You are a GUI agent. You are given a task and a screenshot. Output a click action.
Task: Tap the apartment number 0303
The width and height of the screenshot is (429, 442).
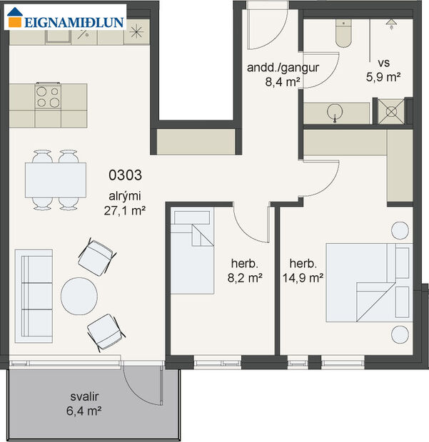tap(126, 174)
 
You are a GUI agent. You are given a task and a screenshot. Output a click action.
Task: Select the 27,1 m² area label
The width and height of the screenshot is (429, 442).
tap(125, 210)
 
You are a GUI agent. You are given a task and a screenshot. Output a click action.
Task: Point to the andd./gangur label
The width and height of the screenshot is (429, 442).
tap(281, 68)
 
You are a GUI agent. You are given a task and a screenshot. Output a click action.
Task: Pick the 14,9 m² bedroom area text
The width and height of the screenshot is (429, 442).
tap(303, 278)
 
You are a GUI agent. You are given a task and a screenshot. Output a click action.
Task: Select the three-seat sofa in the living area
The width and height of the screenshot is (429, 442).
tap(34, 289)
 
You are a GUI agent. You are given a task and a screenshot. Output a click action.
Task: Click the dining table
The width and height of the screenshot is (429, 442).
tap(55, 180)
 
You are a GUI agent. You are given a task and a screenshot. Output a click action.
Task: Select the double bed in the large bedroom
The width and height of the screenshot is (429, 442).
tap(368, 282)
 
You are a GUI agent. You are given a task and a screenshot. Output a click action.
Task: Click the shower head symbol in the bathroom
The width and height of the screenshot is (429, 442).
tap(390, 22)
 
